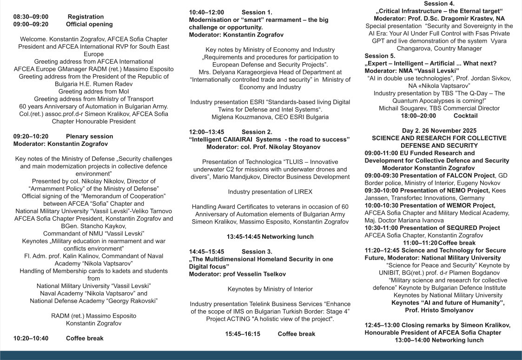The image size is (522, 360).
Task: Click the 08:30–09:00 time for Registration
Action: pos(31,17)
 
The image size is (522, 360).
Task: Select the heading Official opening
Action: pos(89,24)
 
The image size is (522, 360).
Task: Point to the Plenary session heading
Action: pos(89,136)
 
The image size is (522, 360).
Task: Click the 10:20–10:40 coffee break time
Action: pos(31,338)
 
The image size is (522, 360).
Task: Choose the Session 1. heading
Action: pos(257,12)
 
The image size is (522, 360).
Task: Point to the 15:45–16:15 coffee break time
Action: pos(243,334)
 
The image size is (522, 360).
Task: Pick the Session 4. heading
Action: pos(439,4)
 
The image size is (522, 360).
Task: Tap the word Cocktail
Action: pos(465,115)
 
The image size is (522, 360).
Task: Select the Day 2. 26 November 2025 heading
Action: pos(439,131)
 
